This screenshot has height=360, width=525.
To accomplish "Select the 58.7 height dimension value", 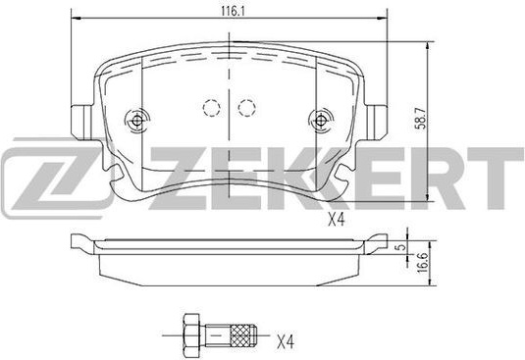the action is [422, 118].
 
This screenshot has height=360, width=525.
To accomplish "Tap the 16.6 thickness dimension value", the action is [424, 263].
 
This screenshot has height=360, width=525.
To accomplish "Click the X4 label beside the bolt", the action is [286, 341].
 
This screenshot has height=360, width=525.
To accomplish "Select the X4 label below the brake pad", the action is [336, 221].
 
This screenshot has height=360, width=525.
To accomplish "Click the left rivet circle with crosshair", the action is [137, 121].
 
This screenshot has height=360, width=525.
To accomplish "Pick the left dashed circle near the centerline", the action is [212, 108].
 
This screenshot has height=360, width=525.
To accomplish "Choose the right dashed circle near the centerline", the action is [247, 108].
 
